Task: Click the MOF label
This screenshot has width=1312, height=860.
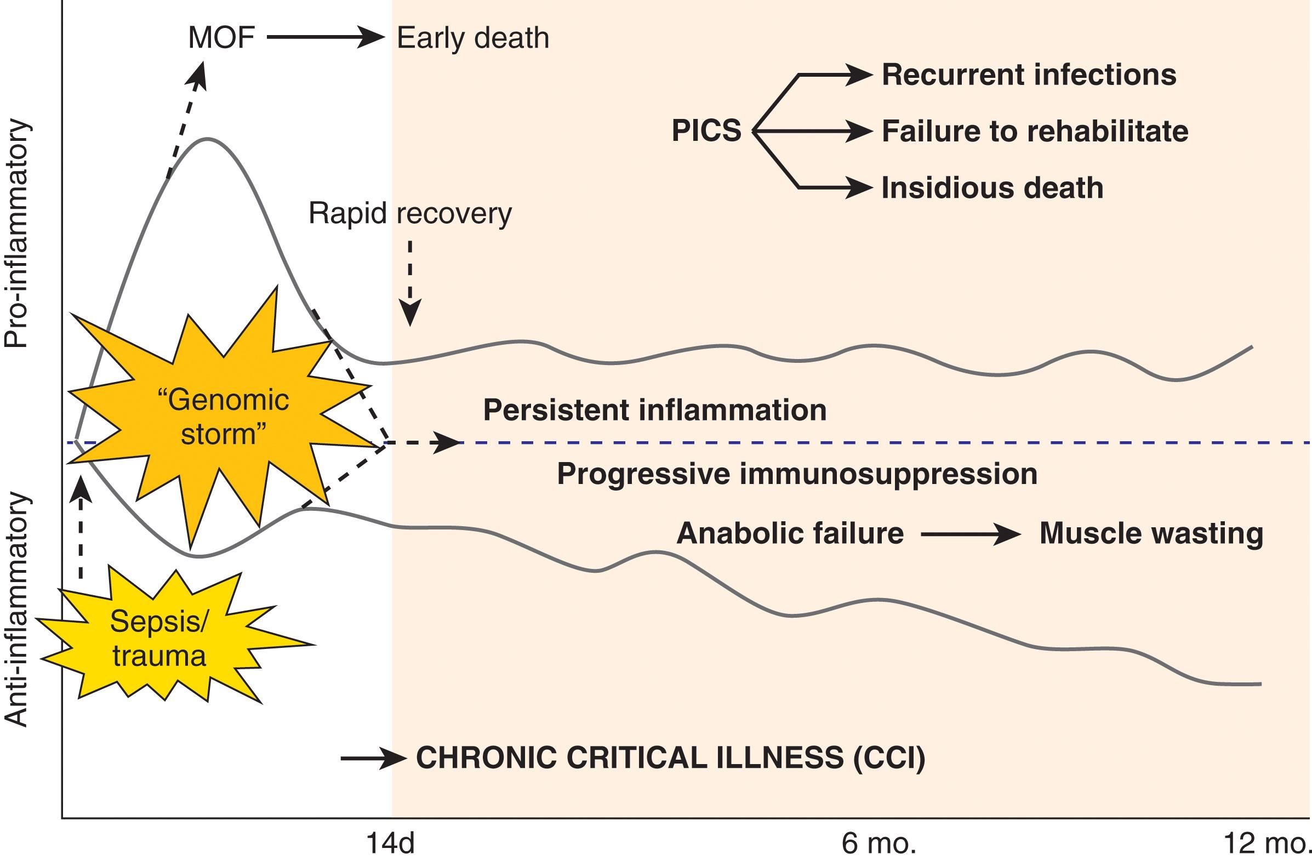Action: pyautogui.click(x=221, y=38)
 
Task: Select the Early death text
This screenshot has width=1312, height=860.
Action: pyautogui.click(x=473, y=38)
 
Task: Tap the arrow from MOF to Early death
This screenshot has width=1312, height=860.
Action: pyautogui.click(x=325, y=37)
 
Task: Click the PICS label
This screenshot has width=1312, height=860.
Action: pyautogui.click(x=706, y=131)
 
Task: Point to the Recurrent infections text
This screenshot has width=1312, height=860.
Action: pyautogui.click(x=1029, y=75)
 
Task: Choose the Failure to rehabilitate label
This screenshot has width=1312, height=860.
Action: pyautogui.click(x=1035, y=131)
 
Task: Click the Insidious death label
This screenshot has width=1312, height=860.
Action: pyautogui.click(x=992, y=188)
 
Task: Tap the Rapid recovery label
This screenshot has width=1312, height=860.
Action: pyautogui.click(x=410, y=213)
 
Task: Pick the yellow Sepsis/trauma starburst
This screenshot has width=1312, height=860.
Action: pyautogui.click(x=160, y=640)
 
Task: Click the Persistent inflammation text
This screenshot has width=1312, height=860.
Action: pyautogui.click(x=655, y=410)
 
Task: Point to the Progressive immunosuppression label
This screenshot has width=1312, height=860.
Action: pyautogui.click(x=797, y=474)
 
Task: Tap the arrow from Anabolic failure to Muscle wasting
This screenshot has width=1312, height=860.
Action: pyautogui.click(x=970, y=534)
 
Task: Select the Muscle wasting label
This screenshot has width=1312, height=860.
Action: pyautogui.click(x=1151, y=533)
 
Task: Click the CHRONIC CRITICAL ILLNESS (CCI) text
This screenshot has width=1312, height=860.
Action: pyautogui.click(x=670, y=758)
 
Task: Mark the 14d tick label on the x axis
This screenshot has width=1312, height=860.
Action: pyautogui.click(x=390, y=844)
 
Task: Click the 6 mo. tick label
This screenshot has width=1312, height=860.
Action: pyautogui.click(x=879, y=844)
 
